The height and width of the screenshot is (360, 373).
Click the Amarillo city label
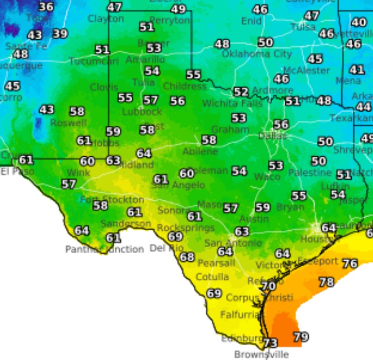tap(145, 60)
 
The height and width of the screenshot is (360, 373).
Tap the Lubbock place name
tap(142, 111)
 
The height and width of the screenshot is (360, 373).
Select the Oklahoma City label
tap(256, 54)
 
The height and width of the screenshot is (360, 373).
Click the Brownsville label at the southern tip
tap(261, 354)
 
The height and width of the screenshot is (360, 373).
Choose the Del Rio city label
tap(167, 248)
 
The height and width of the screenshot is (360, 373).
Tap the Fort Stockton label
tap(112, 199)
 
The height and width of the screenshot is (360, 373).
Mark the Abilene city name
tap(200, 151)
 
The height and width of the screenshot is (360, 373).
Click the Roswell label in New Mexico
tap(68, 123)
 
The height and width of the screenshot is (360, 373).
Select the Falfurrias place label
tap(240, 315)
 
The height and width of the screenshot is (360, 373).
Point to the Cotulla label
tap(213, 277)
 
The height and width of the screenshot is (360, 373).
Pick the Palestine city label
tap(310, 172)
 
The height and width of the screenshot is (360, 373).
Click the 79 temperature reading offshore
tap(301, 336)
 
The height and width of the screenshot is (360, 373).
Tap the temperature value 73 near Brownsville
tap(270, 343)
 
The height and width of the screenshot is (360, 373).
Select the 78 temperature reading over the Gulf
tap(326, 282)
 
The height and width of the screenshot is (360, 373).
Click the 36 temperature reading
tap(46, 7)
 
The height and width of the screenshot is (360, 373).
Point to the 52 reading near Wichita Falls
tap(241, 91)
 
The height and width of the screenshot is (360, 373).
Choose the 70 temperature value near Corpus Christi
tap(268, 286)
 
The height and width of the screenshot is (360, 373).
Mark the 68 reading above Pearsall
tap(187, 257)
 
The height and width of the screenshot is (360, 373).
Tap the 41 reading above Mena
tap(357, 69)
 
